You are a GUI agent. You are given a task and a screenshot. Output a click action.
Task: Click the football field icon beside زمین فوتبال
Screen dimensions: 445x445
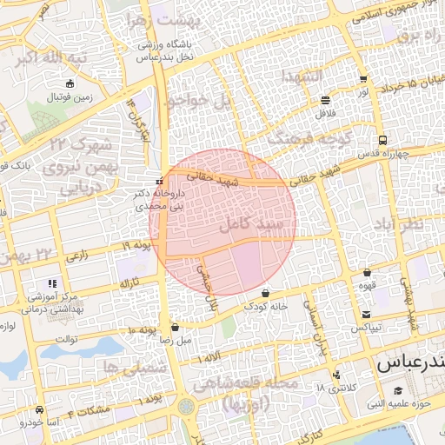point(70,85)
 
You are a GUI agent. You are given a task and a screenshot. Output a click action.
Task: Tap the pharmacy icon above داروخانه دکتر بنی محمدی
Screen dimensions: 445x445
point(158,181)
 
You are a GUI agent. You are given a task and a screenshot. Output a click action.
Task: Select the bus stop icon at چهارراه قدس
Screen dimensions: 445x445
point(383,139)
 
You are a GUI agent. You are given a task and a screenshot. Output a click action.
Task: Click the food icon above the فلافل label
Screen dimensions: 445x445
point(325,99)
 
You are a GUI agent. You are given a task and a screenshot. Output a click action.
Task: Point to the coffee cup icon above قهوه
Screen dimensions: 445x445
point(367,272)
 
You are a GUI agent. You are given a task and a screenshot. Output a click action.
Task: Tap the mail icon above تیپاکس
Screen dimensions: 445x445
point(367,314)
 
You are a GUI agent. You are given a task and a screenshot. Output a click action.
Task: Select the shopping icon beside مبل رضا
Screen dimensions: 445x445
point(177,329)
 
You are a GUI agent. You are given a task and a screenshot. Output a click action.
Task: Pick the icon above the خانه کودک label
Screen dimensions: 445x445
point(265,293)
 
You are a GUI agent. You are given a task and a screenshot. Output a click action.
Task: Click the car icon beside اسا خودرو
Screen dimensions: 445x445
point(39,408)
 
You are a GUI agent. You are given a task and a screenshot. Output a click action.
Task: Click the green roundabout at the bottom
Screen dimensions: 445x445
point(186,407)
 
